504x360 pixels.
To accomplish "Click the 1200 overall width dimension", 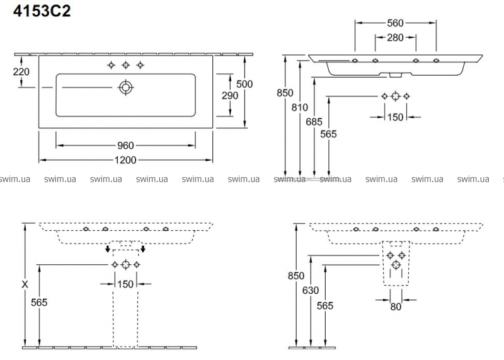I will tap(126, 160).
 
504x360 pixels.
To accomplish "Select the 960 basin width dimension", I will tap(126, 145).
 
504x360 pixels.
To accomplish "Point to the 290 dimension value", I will tap(230, 96).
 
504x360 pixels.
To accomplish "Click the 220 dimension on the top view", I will tap(21, 71).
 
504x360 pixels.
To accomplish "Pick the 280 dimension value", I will tap(396, 38).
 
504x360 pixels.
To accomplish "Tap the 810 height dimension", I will tap(300, 107).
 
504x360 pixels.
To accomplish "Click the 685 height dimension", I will tap(314, 120).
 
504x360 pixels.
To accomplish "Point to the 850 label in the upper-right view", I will tap(285, 93).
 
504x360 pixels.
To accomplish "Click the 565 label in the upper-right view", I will tap(328, 134).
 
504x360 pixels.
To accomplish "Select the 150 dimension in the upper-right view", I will tap(396, 117).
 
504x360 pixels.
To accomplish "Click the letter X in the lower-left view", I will tap(25, 284).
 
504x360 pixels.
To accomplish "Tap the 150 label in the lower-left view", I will tap(125, 284).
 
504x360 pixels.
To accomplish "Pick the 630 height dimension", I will tap(311, 291).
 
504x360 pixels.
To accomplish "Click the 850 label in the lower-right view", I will tap(296, 276).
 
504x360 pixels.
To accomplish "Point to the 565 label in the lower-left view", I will tap(39, 302).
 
